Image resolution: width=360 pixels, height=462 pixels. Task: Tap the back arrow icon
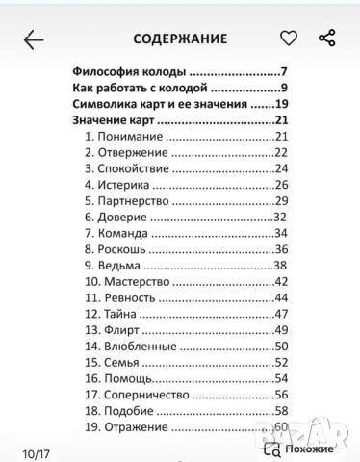click(x=33, y=39)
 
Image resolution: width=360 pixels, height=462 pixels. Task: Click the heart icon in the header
click(x=288, y=38)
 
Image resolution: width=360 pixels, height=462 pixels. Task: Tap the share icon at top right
click(x=326, y=38)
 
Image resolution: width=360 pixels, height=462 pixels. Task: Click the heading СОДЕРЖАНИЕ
click(x=180, y=39)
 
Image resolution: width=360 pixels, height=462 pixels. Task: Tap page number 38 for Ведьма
click(x=281, y=265)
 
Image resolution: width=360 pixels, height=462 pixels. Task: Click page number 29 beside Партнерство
click(x=282, y=200)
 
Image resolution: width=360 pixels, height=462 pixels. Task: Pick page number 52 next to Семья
click(x=282, y=362)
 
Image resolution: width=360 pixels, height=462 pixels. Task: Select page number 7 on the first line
click(x=285, y=72)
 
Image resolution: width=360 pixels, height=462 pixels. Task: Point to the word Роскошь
click(x=122, y=249)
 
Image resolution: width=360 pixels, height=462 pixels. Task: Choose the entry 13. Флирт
click(x=114, y=329)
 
